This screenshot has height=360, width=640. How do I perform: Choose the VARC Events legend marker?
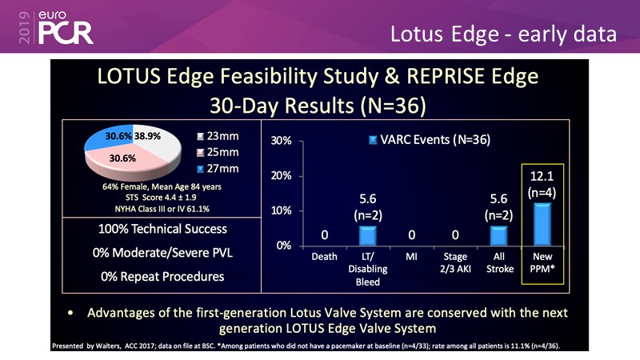pos(372,140)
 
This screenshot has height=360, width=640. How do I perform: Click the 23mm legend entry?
pos(218,137)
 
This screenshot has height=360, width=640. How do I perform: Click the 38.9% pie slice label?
pos(150,138)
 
